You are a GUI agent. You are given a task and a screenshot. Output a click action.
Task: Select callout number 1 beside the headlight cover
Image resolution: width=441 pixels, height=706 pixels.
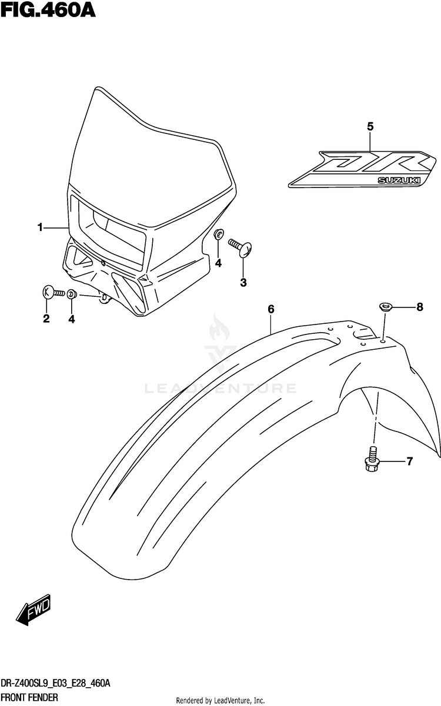pyautogui.click(x=40, y=227)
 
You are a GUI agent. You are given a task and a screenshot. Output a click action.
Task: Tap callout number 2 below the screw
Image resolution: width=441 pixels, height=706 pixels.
pyautogui.click(x=46, y=319)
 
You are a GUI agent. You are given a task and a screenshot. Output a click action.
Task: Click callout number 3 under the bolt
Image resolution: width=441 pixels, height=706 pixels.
pyautogui.click(x=243, y=283)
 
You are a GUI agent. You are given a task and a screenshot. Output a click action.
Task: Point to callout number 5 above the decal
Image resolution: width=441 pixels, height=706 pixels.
pyautogui.click(x=370, y=126)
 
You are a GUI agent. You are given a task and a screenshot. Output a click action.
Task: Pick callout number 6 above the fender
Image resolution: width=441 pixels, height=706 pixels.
pyautogui.click(x=271, y=309)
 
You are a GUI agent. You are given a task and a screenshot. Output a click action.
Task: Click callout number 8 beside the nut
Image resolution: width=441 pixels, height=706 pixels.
pyautogui.click(x=419, y=306)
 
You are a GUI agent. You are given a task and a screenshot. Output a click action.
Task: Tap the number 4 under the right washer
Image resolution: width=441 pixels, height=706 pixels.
pyautogui.click(x=218, y=263)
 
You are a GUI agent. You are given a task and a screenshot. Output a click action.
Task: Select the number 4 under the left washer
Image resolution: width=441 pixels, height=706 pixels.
pyautogui.click(x=72, y=319)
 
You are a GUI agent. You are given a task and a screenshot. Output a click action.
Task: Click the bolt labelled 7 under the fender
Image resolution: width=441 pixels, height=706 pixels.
pyautogui.click(x=373, y=459)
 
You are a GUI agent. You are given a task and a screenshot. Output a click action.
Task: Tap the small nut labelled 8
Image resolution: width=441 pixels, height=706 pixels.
pyautogui.click(x=385, y=306)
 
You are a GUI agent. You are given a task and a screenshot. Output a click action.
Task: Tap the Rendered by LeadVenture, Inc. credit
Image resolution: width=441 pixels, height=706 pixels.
pyautogui.click(x=220, y=701)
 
